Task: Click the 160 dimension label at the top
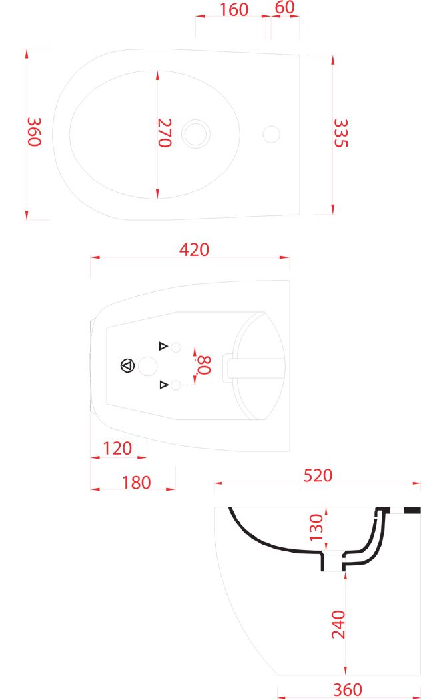tap(234, 10)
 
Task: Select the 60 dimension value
tap(285, 7)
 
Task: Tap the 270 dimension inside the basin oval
tap(164, 133)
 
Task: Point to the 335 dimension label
tap(340, 133)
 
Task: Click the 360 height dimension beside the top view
tap(35, 132)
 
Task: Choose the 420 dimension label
tap(194, 249)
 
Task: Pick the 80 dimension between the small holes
tap(203, 365)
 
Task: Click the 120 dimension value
tap(117, 448)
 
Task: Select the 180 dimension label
tap(137, 483)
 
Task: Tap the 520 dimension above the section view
tap(318, 475)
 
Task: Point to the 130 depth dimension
tap(316, 527)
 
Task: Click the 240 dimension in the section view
tap(338, 625)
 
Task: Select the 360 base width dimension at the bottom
tap(347, 690)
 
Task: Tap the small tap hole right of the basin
tap(272, 134)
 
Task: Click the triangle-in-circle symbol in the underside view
tap(127, 366)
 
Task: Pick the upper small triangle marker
tap(163, 346)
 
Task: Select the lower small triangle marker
tap(164, 385)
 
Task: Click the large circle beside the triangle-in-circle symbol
tap(148, 366)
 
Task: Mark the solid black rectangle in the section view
tap(412, 510)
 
